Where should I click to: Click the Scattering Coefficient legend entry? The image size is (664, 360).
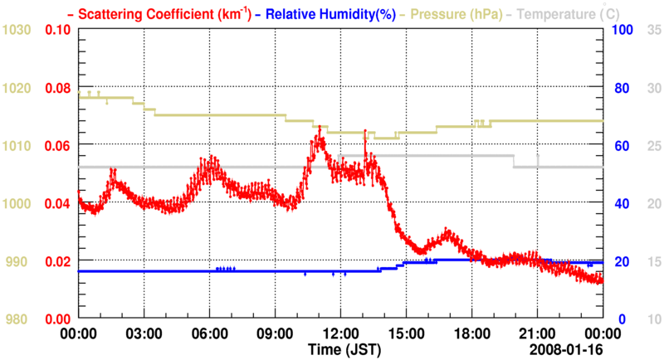click(x=148, y=13)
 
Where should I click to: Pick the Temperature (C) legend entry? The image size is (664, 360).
click(x=574, y=13)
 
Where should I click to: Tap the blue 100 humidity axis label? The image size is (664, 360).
click(x=622, y=30)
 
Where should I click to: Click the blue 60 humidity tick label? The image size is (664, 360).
click(x=618, y=146)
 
